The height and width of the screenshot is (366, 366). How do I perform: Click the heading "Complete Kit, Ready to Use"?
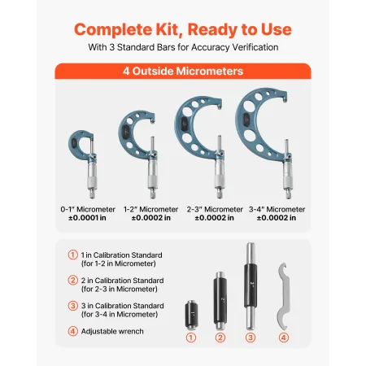182,30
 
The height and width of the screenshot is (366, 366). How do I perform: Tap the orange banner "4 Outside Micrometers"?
182,71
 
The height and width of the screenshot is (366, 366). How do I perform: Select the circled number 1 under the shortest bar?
193,338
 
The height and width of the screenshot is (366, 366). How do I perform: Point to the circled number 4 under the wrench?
282,338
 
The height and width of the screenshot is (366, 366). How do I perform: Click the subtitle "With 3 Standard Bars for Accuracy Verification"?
182,48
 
